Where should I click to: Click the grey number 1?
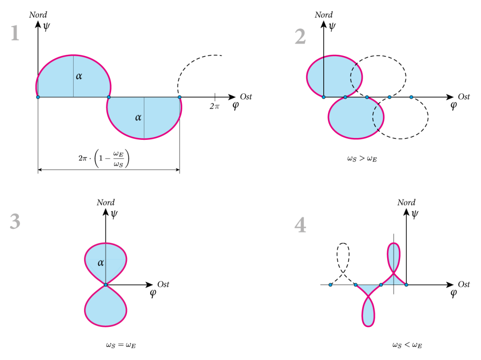[15, 34]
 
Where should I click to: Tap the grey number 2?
[300, 37]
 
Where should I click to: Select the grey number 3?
[15, 222]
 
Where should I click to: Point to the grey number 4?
[300, 225]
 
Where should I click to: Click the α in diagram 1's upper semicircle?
[79, 76]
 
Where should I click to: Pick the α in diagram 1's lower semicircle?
[138, 117]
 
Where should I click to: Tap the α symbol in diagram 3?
[101, 263]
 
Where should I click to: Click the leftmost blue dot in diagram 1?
[38, 97]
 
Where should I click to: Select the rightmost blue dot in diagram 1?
[179, 97]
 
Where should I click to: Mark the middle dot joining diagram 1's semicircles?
[109, 97]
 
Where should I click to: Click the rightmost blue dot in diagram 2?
[411, 97]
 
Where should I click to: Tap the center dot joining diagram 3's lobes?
[105, 285]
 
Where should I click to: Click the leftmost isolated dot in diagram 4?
[330, 285]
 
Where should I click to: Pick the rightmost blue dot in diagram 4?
[406, 285]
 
